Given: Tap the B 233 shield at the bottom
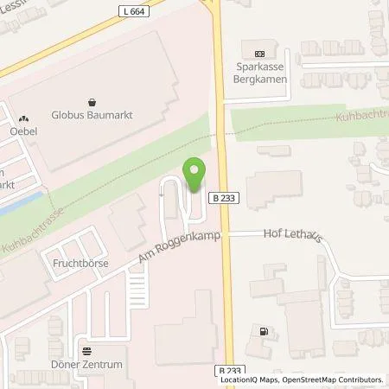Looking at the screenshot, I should (x=226, y=370).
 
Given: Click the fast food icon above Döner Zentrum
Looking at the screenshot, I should (x=86, y=351).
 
